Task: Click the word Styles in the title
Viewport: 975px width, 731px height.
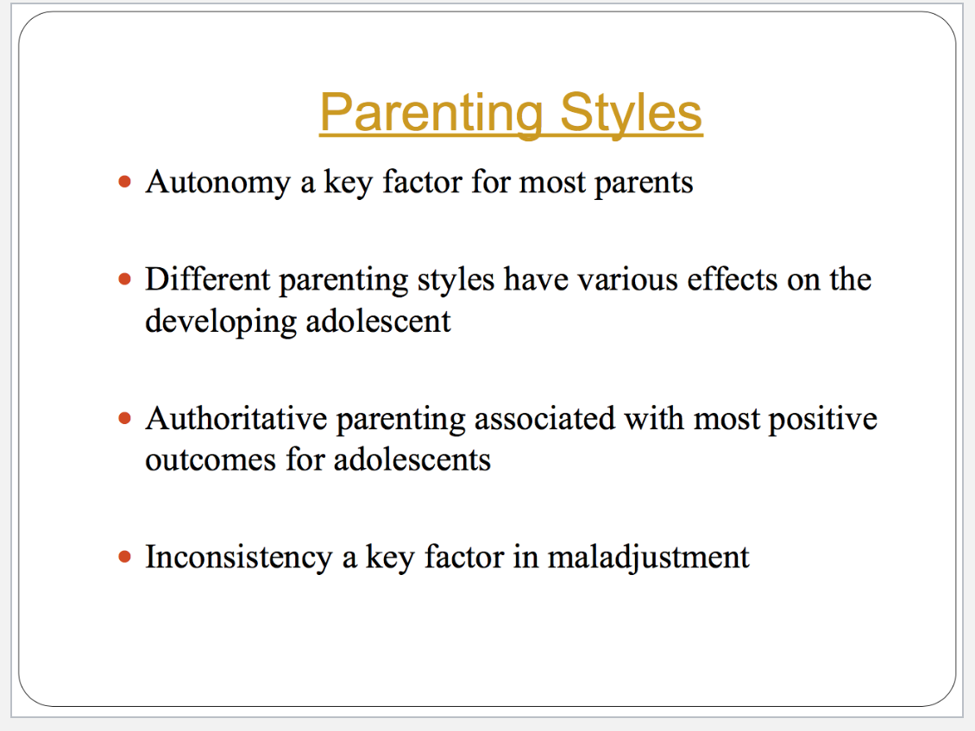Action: point(631,113)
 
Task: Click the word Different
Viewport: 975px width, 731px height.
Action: point(208,278)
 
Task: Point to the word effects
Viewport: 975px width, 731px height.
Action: point(733,278)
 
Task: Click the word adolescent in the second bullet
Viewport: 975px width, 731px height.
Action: point(378,321)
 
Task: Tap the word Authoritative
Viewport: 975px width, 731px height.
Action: point(236,418)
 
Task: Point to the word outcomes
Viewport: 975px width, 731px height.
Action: point(211,461)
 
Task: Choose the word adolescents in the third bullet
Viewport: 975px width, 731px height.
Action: point(412,460)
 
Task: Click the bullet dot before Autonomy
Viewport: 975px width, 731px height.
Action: point(125,182)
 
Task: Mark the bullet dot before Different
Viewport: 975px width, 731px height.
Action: point(125,278)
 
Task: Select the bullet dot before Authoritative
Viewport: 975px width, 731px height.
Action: point(125,419)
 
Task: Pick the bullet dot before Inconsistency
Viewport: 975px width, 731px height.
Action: point(125,557)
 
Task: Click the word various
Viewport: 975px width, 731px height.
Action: point(628,280)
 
